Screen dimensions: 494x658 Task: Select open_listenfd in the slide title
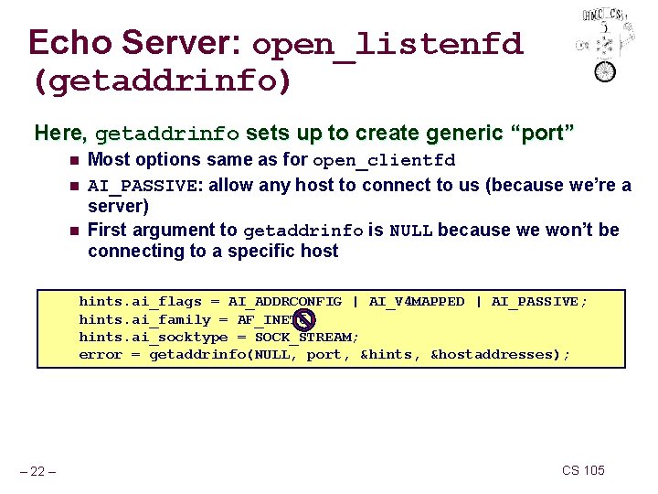point(387,44)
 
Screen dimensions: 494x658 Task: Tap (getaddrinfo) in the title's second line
point(162,82)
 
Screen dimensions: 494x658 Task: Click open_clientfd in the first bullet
point(384,161)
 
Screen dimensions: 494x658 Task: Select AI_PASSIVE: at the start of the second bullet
point(146,186)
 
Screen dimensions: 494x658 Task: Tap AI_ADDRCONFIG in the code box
point(285,302)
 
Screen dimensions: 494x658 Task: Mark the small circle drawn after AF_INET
point(305,319)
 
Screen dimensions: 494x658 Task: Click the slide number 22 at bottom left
point(38,471)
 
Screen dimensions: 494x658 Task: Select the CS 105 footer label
point(583,470)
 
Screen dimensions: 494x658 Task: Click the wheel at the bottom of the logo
point(605,70)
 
